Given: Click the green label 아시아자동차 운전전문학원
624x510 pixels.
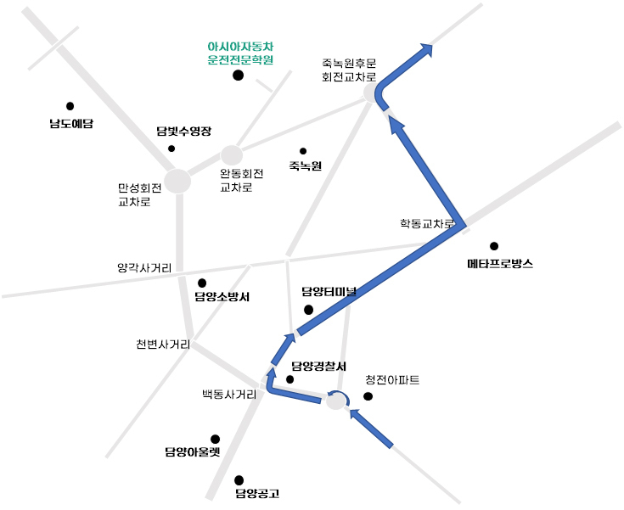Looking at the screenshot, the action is (240, 53).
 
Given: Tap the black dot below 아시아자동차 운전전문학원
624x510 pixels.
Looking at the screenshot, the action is (238, 76).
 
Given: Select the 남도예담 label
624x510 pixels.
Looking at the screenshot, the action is (71, 123).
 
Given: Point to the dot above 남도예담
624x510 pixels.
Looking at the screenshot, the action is (70, 106).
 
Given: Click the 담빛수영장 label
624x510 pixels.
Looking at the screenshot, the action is (184, 132).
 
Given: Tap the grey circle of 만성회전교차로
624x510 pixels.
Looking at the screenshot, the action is (177, 181).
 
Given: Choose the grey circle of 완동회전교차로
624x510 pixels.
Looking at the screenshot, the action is (232, 155).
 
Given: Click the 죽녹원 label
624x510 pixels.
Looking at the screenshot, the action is (306, 165).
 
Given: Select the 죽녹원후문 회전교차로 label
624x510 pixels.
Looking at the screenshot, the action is (349, 70).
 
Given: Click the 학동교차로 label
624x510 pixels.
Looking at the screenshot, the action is (427, 223).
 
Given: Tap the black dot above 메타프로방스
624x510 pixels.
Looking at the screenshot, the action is (494, 246).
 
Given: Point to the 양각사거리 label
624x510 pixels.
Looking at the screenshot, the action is (144, 268).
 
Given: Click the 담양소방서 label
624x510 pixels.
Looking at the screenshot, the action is (222, 297).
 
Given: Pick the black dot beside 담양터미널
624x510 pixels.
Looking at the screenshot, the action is (308, 310).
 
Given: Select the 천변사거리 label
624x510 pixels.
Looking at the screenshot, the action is (163, 345).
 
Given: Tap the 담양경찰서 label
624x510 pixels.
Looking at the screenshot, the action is (318, 367).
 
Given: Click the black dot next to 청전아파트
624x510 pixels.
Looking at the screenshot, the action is (368, 396).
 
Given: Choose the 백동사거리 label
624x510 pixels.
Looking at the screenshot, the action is (229, 395).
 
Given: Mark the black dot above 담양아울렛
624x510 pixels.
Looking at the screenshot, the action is (215, 440).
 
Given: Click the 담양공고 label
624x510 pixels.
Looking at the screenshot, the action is (257, 494).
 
